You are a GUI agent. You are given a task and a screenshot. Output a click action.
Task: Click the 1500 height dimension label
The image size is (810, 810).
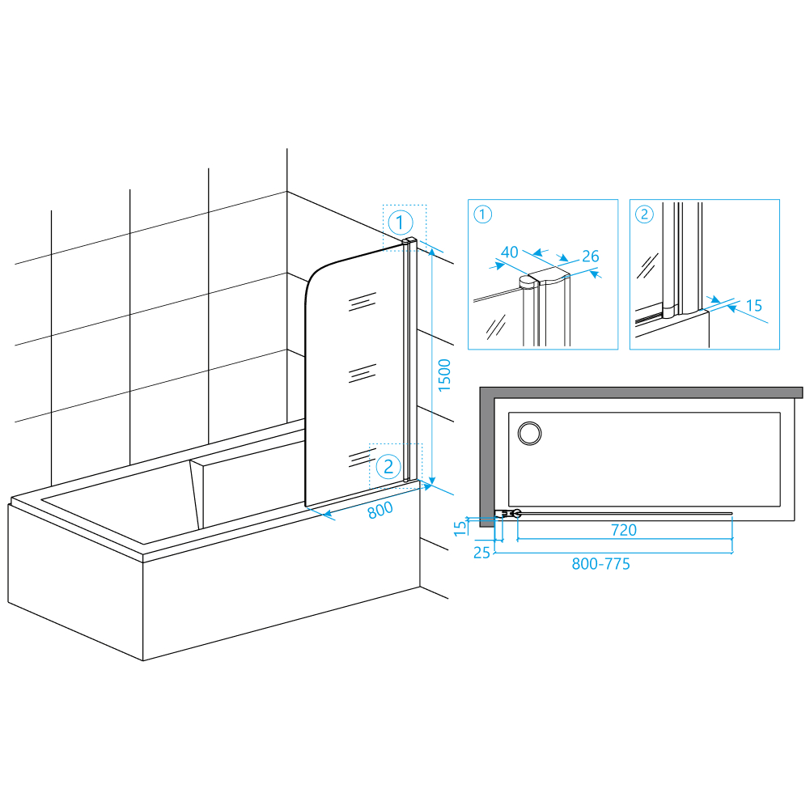(x=444, y=375)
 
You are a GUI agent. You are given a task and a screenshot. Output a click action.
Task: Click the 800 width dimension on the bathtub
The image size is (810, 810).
(x=380, y=511)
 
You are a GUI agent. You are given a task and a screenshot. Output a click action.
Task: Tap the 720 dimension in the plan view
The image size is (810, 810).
(x=624, y=530)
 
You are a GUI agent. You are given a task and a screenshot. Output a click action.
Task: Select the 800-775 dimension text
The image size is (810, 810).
(x=600, y=563)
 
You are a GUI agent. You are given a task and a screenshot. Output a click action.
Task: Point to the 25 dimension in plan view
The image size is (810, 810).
(x=481, y=553)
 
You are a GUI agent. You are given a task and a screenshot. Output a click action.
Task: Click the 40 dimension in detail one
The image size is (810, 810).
(x=509, y=252)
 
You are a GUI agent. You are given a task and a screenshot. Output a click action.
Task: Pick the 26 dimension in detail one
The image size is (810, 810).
(x=591, y=256)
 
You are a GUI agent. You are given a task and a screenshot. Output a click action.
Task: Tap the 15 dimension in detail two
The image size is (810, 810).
(x=754, y=305)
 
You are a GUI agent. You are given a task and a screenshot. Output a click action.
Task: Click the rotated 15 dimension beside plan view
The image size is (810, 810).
(x=460, y=528)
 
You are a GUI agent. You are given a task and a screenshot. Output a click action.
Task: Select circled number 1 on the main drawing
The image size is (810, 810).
(x=401, y=223)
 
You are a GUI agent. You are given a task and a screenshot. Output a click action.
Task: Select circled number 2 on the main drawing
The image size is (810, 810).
(x=388, y=467)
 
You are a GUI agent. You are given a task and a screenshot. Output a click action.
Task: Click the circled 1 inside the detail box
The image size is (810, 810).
(x=482, y=214)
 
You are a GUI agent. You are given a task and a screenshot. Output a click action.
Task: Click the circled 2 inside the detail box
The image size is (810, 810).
(x=644, y=214)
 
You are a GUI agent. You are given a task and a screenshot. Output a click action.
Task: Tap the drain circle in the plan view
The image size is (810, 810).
(x=529, y=433)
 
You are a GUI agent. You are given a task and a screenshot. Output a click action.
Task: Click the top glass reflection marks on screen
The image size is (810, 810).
(x=363, y=302)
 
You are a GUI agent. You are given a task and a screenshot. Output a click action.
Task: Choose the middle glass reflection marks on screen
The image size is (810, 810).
(x=363, y=373)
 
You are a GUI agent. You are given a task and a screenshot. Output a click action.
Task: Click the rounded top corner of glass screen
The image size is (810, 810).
(x=312, y=279)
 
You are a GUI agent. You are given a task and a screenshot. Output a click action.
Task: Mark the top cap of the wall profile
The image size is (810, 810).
(x=409, y=240)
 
